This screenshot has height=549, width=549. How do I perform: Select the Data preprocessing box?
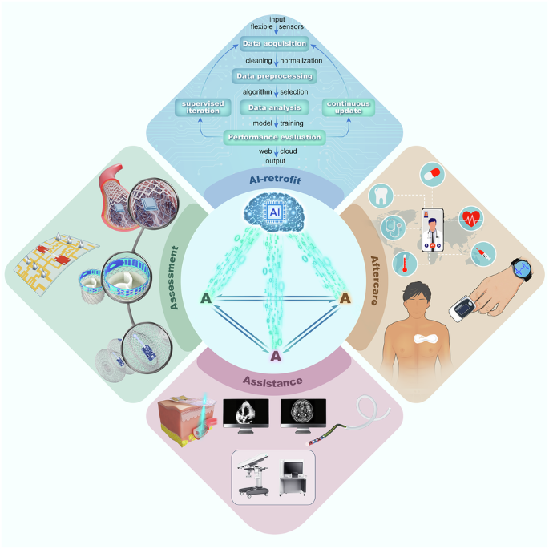275,76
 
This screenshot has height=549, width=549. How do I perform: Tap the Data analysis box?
275,107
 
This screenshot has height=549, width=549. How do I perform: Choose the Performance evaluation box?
275,137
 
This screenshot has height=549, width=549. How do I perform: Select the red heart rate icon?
471,217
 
